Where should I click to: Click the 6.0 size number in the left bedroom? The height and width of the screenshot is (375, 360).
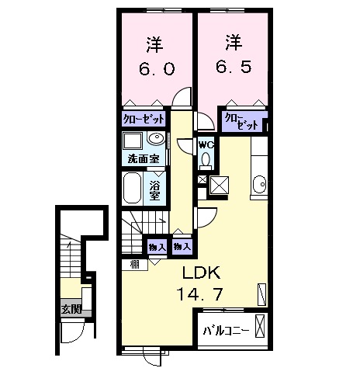coord(157,68)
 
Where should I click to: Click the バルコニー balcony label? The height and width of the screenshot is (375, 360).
coord(226,331)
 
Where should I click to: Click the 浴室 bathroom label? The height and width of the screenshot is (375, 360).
coord(155,189)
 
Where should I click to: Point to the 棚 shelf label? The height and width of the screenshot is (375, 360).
coord(135,265)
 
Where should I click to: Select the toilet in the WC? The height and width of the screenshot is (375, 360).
coord(206,161)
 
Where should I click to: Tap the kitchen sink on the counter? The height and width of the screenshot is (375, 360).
coord(259,185)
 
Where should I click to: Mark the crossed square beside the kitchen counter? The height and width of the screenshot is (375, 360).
coord(220,186)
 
